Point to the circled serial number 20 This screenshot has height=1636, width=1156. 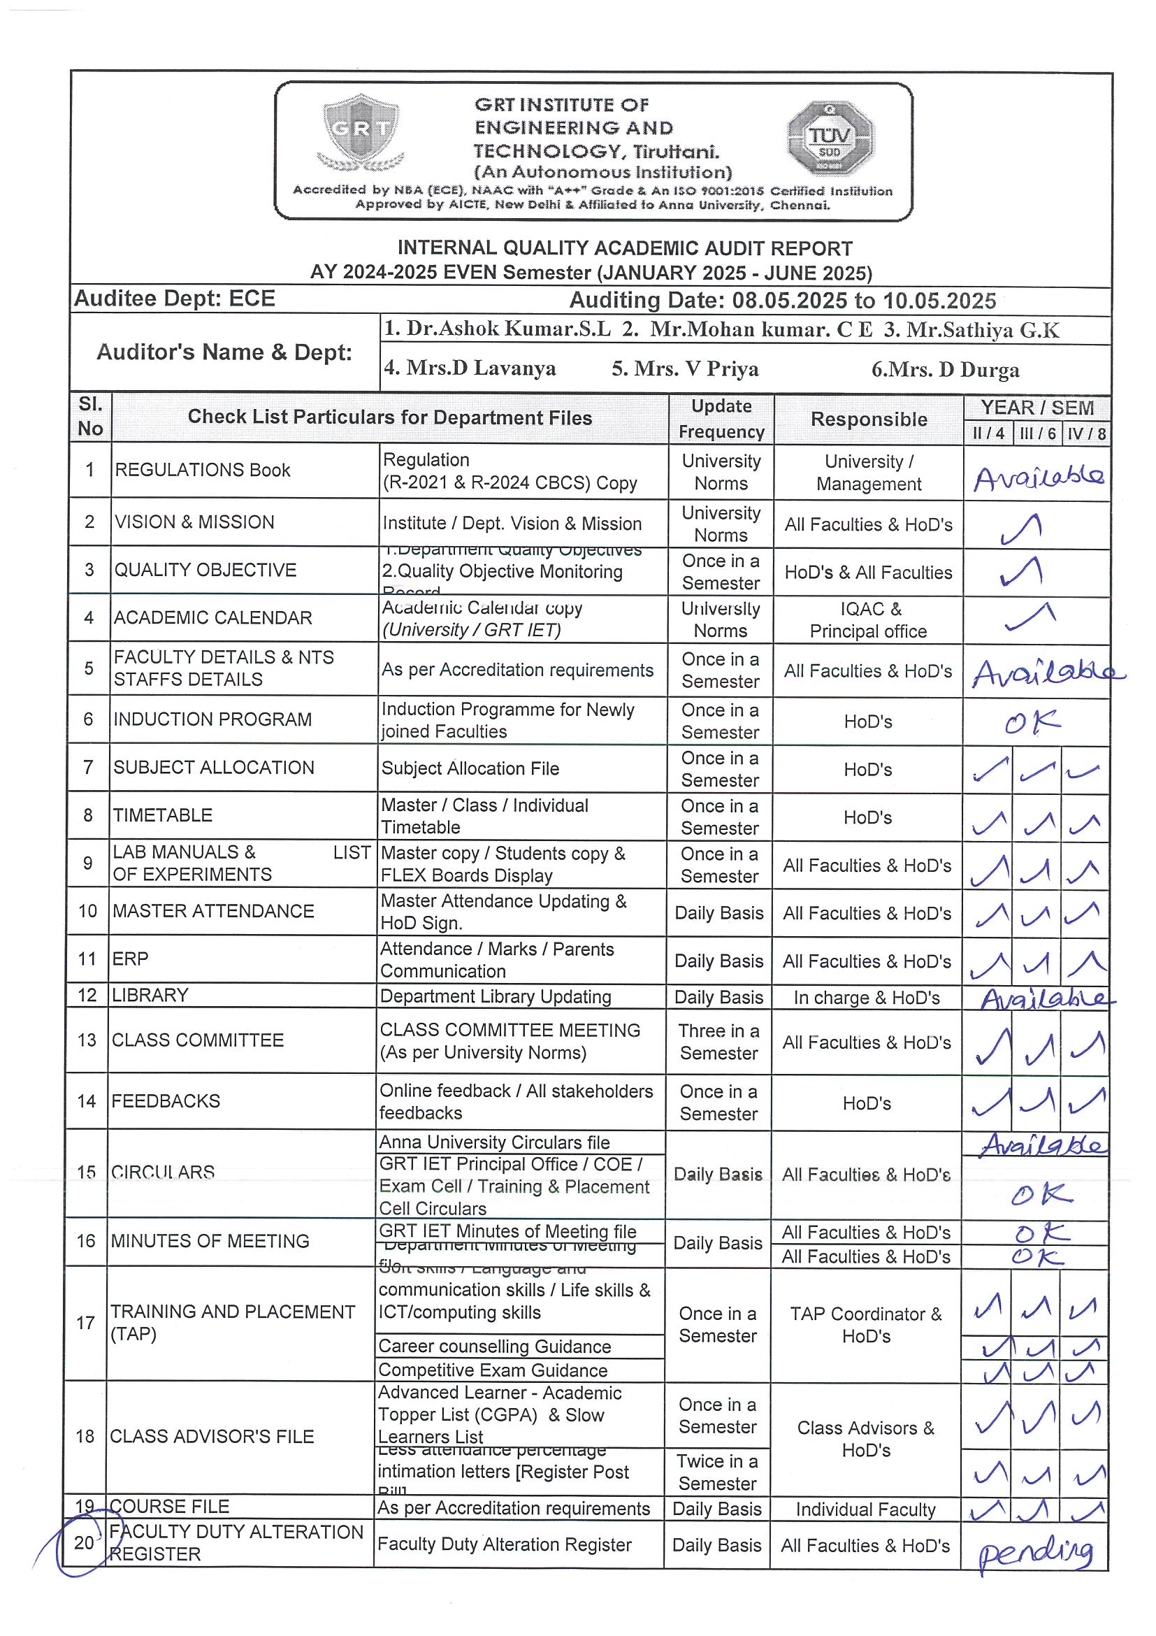tap(84, 1542)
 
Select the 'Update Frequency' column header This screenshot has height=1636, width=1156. tap(721, 418)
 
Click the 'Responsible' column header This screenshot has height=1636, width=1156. tap(868, 419)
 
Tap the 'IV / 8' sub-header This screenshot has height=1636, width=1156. tap(1086, 434)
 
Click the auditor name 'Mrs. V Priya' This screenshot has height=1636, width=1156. tap(685, 368)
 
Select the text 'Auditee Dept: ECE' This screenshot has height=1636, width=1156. tap(175, 299)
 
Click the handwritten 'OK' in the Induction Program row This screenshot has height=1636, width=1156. tap(1032, 722)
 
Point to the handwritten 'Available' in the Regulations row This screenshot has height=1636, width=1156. tap(1039, 478)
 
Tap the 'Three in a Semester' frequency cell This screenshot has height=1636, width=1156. tap(718, 1041)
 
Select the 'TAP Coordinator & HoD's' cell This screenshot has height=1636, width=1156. tap(865, 1325)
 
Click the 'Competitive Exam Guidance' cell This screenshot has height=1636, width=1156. tap(493, 1370)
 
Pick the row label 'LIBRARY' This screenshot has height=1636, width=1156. tap(150, 995)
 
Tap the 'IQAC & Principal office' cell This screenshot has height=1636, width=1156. tap(867, 620)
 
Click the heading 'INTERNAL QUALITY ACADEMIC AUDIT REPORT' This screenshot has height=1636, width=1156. tap(625, 248)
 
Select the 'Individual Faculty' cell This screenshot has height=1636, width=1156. tap(865, 1509)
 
